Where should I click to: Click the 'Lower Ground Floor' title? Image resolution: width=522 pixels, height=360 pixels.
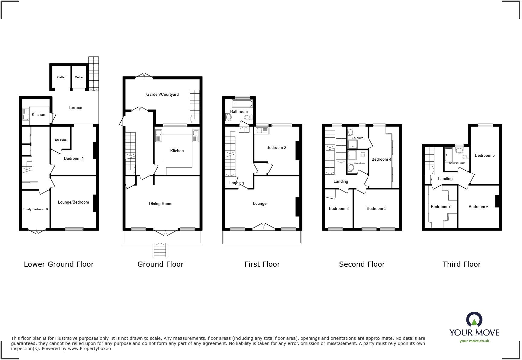click(59, 264)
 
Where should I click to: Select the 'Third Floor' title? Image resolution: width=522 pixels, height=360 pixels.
click(461, 264)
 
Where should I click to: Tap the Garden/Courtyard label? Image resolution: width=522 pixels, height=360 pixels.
click(162, 94)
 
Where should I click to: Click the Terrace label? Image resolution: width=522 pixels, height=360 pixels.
click(75, 108)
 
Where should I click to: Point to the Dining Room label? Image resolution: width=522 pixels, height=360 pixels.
click(160, 204)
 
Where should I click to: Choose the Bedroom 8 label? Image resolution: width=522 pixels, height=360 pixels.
click(339, 208)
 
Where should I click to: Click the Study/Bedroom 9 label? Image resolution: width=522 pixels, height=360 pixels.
click(35, 209)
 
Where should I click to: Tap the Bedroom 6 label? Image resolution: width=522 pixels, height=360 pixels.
click(478, 207)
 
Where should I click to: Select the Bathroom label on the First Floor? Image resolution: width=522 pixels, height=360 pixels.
click(239, 111)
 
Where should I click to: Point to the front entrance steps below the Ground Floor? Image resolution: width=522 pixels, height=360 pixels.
click(160, 250)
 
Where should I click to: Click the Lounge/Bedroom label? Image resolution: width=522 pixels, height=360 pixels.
click(73, 202)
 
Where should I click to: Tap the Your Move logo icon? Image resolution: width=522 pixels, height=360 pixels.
click(474, 320)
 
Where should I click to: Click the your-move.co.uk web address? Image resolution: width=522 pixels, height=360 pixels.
click(474, 341)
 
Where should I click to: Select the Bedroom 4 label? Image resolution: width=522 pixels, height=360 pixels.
click(381, 159)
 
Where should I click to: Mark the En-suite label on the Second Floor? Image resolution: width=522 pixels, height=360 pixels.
click(357, 138)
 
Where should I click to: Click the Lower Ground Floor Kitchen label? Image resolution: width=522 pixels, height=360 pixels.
click(38, 114)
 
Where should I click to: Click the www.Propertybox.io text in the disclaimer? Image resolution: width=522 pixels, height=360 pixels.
click(89, 349)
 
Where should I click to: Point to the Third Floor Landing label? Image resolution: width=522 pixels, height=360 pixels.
click(445, 178)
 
